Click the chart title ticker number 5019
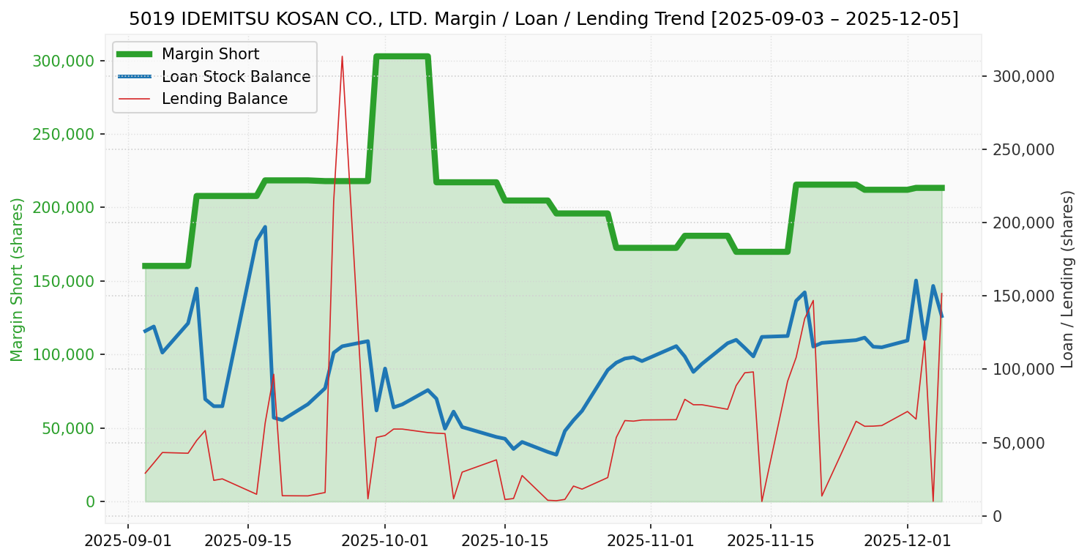pyautogui.click(x=145, y=19)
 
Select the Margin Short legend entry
pyautogui.click(x=210, y=54)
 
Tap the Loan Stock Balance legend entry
pyautogui.click(x=236, y=77)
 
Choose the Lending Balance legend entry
pyautogui.click(x=224, y=99)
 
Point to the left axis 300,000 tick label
pyautogui.click(x=64, y=61)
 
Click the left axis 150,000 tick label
pyautogui.click(x=64, y=281)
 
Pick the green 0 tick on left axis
pyautogui.click(x=91, y=501)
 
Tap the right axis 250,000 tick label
pyautogui.click(x=1023, y=149)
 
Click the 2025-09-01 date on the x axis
pyautogui.click(x=128, y=542)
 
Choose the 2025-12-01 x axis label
pyautogui.click(x=908, y=542)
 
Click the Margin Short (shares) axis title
pyautogui.click(x=17, y=280)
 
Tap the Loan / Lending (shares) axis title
pyautogui.click(x=1067, y=279)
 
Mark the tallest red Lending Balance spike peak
pyautogui.click(x=342, y=56)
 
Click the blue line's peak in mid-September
pyautogui.click(x=265, y=227)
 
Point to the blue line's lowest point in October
pyautogui.click(x=556, y=455)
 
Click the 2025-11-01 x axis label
pyautogui.click(x=651, y=542)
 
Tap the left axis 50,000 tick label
pyautogui.click(x=67, y=428)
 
